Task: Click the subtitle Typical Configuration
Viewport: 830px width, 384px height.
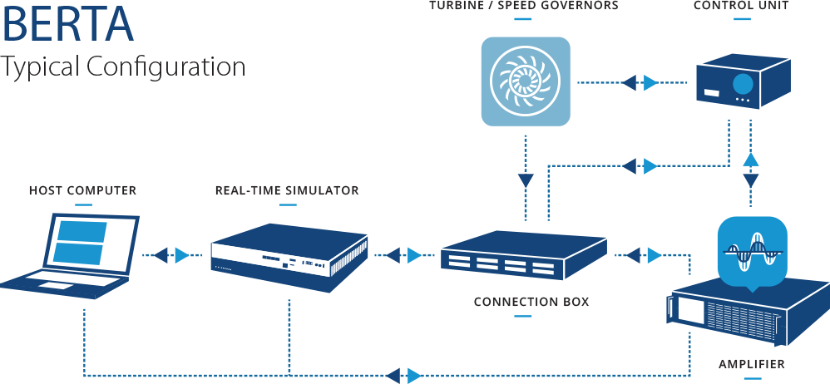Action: coord(123,67)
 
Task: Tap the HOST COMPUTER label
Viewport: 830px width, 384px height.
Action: coord(82,191)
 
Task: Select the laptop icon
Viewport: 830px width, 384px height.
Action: coord(70,254)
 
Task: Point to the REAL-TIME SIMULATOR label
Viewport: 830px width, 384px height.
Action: coord(287,191)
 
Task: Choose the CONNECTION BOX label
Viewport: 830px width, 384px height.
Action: coord(531,302)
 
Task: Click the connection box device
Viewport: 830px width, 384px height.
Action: coord(523,256)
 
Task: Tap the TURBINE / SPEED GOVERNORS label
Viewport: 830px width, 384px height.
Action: coord(524,7)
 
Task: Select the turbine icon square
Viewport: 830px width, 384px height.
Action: coord(526,81)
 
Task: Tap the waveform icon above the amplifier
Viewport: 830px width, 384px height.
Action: coord(751,252)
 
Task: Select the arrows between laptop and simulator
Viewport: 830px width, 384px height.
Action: coord(173,255)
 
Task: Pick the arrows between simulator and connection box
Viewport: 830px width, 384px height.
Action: coord(404,255)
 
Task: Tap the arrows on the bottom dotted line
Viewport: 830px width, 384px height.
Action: coord(404,375)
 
